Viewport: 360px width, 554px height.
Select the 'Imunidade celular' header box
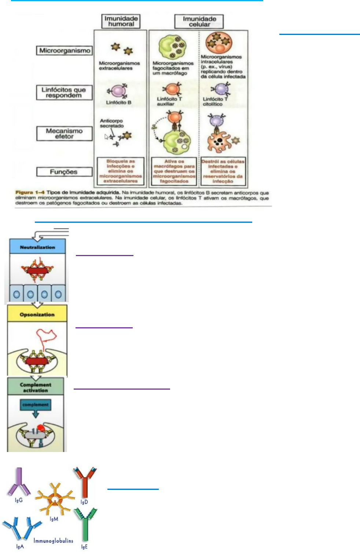tap(199, 22)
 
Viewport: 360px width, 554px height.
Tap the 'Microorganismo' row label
tap(65, 51)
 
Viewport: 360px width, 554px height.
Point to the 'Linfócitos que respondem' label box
tap(64, 92)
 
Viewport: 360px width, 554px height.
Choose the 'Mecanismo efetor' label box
tap(64, 134)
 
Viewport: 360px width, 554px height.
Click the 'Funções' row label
tap(64, 172)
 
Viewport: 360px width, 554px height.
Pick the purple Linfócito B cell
tap(118, 91)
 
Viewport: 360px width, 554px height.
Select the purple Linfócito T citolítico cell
tap(221, 89)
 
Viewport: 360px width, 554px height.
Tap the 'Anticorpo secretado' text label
tap(111, 123)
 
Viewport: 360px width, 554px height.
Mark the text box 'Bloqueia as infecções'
tap(121, 171)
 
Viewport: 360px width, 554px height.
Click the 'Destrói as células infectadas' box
tap(223, 171)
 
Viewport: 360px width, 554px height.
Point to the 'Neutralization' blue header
tap(37, 247)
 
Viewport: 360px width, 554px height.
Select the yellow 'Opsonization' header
tap(37, 314)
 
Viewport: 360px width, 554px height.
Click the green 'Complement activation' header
tap(36, 387)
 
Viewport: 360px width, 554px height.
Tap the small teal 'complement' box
tap(35, 405)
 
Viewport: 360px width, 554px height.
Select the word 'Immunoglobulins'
tap(53, 540)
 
